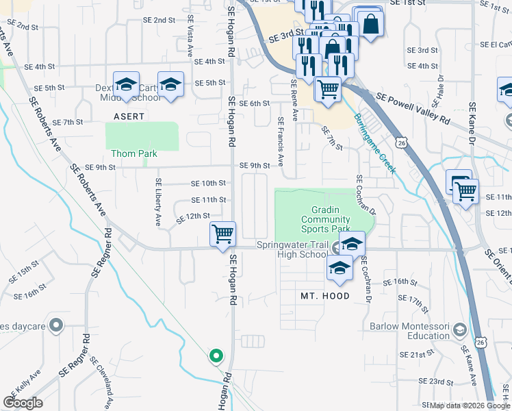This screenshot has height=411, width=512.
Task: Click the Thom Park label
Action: [x=134, y=154]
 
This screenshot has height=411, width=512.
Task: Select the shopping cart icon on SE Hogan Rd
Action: [x=222, y=234]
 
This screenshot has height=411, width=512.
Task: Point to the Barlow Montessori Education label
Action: [x=409, y=332]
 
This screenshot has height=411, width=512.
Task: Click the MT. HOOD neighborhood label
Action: [x=325, y=296]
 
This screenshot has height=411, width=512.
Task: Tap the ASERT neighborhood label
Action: [x=129, y=116]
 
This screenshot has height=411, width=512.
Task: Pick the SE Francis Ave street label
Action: [x=281, y=139]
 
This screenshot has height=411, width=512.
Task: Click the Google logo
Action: [x=23, y=403]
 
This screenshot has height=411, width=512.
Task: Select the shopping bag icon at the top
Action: [x=370, y=25]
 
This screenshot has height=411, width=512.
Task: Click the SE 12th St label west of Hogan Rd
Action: [x=191, y=216]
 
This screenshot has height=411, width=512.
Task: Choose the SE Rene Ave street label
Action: [x=294, y=100]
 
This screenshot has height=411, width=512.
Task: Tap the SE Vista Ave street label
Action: [x=190, y=35]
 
